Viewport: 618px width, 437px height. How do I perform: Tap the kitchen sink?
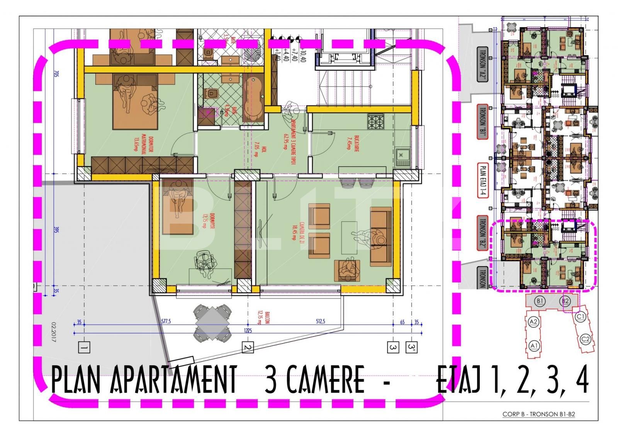click(x=403, y=156)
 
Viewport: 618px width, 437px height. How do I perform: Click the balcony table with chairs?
click(x=212, y=323)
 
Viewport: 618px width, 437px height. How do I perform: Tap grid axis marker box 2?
click(x=248, y=348)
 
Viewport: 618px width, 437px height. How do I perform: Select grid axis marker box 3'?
click(x=412, y=347)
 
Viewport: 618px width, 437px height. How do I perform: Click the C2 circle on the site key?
click(x=586, y=340)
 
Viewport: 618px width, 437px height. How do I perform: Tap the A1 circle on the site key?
click(x=534, y=345)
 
